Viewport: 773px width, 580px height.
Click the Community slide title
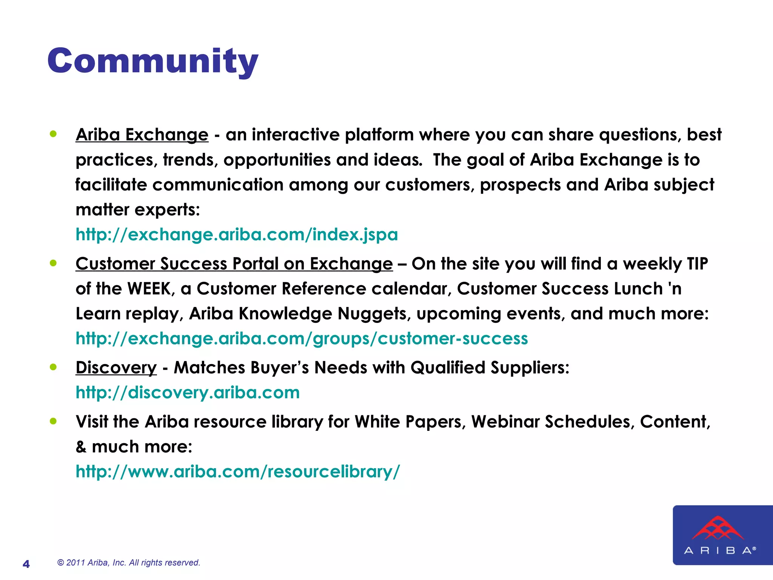[x=153, y=61]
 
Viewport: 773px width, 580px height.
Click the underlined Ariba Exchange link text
[x=142, y=135]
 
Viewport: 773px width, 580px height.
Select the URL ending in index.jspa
[x=237, y=234]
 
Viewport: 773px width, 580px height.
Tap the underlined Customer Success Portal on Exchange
[x=234, y=264]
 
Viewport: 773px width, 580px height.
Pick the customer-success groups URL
[x=302, y=338]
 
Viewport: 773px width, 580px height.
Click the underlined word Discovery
[x=116, y=367]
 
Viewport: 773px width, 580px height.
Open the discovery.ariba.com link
[x=188, y=392]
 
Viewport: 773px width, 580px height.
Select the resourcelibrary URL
[x=237, y=471]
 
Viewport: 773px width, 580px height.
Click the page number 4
[x=26, y=564]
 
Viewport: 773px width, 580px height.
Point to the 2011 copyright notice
[x=128, y=563]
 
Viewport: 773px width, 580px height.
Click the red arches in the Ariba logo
[x=718, y=528]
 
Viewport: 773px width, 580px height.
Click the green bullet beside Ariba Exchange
[x=53, y=134]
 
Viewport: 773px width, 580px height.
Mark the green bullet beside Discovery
[x=53, y=367]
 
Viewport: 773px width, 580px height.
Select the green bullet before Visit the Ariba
[x=53, y=421]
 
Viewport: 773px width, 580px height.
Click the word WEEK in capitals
[x=149, y=289]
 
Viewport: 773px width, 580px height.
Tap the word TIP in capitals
[x=697, y=264]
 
